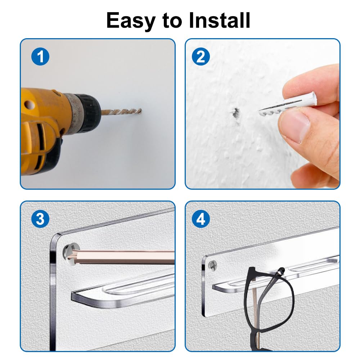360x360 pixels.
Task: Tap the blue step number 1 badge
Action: (40, 57)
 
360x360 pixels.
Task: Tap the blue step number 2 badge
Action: (201, 57)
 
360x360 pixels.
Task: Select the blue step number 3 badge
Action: (40, 219)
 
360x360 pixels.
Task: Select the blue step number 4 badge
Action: (201, 219)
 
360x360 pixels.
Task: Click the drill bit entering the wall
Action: (121, 112)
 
